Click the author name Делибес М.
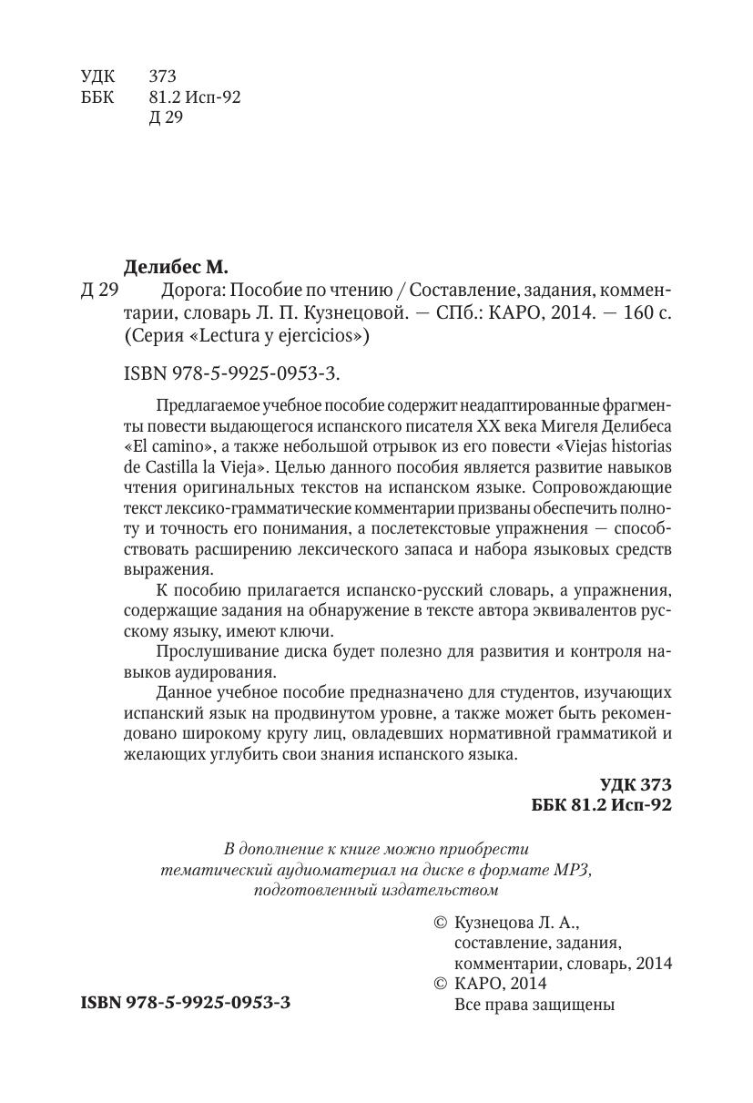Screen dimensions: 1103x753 click(175, 267)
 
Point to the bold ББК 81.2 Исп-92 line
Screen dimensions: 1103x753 click(601, 806)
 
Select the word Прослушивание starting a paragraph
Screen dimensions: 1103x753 click(211, 653)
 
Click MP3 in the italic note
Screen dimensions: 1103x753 click(572, 869)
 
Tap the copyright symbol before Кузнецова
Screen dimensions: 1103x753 click(442, 922)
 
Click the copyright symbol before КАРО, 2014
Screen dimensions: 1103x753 click(442, 984)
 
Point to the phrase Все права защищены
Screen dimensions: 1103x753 click(534, 1006)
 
